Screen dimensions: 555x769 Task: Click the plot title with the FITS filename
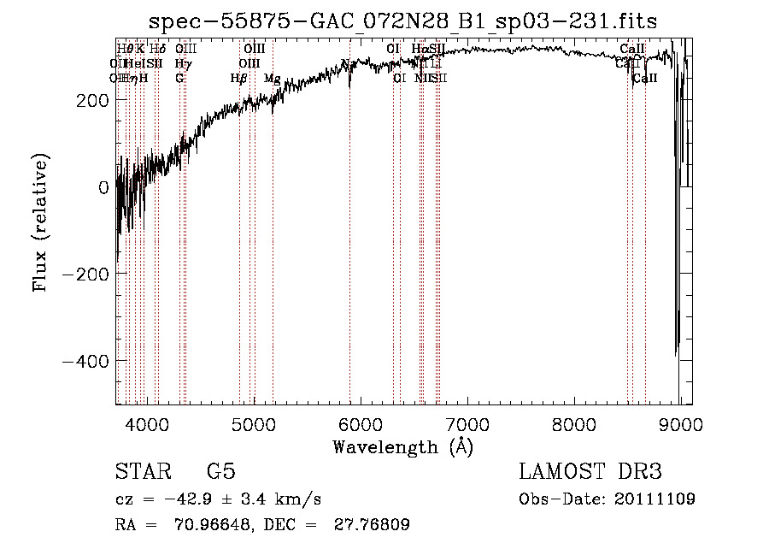tap(402, 21)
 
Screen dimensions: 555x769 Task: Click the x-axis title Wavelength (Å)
tap(402, 446)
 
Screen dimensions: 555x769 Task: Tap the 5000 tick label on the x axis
tap(254, 423)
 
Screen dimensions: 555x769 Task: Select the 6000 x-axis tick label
tap(361, 423)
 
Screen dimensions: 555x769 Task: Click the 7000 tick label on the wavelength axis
tap(467, 423)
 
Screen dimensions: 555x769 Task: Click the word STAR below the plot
tap(142, 472)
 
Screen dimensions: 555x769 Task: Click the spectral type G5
tap(220, 472)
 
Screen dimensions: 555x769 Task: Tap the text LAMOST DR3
tap(590, 472)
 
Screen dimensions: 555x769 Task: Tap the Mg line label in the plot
tap(272, 79)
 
